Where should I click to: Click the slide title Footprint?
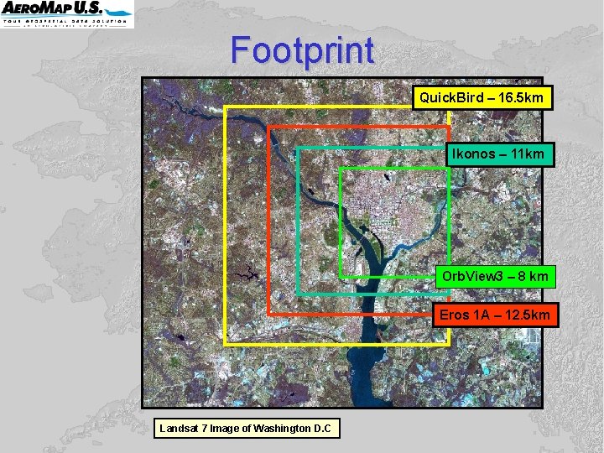click(x=302, y=50)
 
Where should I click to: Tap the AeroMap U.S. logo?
click(x=67, y=14)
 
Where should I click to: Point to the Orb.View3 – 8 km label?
click(x=495, y=276)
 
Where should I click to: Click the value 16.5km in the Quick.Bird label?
click(x=523, y=97)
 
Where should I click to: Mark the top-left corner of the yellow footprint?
click(x=226, y=107)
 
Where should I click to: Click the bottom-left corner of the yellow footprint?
click(x=226, y=344)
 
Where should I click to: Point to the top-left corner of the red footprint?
click(x=268, y=128)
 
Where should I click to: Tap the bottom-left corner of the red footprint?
click(x=268, y=314)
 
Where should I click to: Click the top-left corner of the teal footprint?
click(x=297, y=148)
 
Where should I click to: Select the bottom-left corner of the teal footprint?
click(x=297, y=294)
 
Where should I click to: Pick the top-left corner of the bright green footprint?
click(x=341, y=169)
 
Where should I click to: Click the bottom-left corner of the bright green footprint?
click(x=341, y=276)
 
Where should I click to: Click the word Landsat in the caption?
click(x=178, y=429)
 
